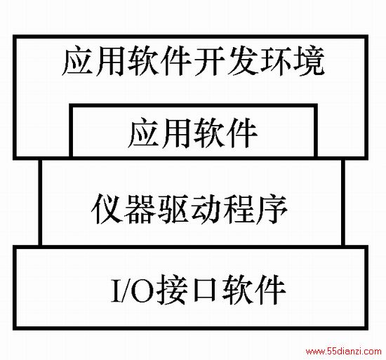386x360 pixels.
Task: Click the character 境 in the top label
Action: pyautogui.click(x=308, y=60)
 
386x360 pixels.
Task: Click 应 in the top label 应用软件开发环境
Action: pyautogui.click(x=77, y=60)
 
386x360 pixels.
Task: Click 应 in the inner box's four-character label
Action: pyautogui.click(x=143, y=133)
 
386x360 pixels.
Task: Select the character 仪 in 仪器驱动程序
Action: pyautogui.click(x=107, y=208)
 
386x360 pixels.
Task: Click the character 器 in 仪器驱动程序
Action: pyautogui.click(x=140, y=208)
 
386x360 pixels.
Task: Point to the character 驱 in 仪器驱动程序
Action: pyautogui.click(x=173, y=208)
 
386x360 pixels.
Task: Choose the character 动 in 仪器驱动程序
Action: pyautogui.click(x=206, y=208)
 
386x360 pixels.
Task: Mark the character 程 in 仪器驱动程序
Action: pyautogui.click(x=239, y=208)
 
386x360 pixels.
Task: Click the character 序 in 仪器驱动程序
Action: pyautogui.click(x=272, y=208)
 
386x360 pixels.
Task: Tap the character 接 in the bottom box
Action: pyautogui.click(x=171, y=289)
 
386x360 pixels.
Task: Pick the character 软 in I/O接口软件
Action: pyautogui.click(x=237, y=289)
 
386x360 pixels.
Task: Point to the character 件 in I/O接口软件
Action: pyautogui.click(x=270, y=289)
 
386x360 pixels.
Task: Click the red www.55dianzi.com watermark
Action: pyautogui.click(x=344, y=351)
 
